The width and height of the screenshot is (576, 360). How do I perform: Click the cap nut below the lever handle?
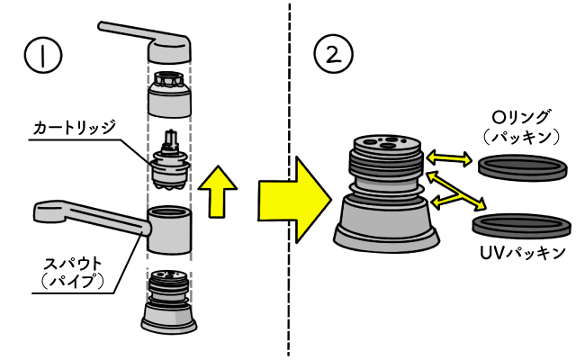[168, 95]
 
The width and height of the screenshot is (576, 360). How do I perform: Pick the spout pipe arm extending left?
[81, 217]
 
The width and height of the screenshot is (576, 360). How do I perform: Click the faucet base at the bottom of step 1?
[168, 306]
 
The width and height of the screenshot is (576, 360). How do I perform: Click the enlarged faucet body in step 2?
[386, 193]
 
